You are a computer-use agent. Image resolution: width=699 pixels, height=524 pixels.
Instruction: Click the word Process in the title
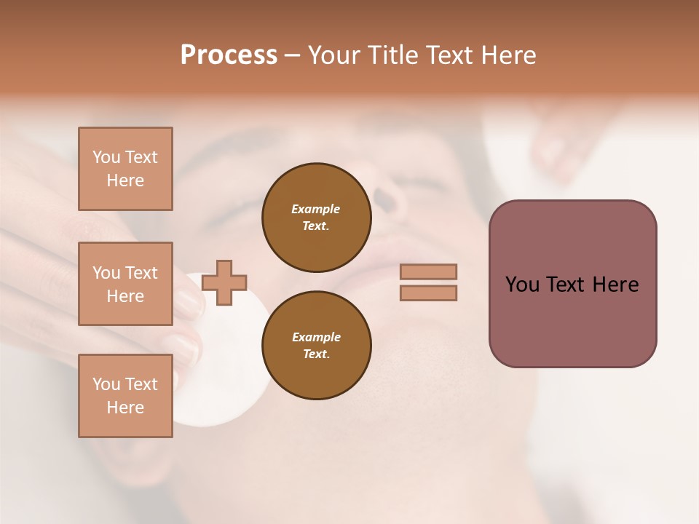pos(229,55)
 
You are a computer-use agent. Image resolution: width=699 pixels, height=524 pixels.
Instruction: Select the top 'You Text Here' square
pos(125,169)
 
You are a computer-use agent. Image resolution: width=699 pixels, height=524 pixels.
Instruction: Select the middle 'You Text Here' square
pos(125,284)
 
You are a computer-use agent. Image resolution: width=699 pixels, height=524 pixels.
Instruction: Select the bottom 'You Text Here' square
pos(125,396)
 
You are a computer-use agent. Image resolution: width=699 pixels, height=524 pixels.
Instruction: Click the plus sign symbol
pos(224,282)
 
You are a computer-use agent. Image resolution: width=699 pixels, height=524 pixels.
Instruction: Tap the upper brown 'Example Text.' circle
pos(316,218)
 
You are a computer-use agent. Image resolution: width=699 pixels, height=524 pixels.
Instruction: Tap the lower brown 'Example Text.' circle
pos(316,346)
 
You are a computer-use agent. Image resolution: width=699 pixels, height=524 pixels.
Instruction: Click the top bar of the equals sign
pos(428,272)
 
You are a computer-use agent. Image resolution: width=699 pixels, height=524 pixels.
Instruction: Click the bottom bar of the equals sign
pos(428,293)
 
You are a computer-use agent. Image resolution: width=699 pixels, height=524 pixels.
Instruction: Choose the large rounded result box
pos(572,284)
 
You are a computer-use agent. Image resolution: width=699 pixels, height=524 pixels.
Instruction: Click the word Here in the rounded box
pos(615,285)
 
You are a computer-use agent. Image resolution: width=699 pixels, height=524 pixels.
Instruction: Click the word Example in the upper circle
pos(315,209)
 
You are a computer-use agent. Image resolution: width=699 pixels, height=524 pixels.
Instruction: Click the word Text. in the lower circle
pos(316,354)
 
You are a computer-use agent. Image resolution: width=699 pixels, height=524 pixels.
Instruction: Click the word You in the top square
pos(106,157)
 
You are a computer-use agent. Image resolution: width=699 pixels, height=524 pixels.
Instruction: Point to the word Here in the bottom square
pos(125,408)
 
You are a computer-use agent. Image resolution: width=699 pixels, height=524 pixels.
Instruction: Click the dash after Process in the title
pos(292,55)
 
